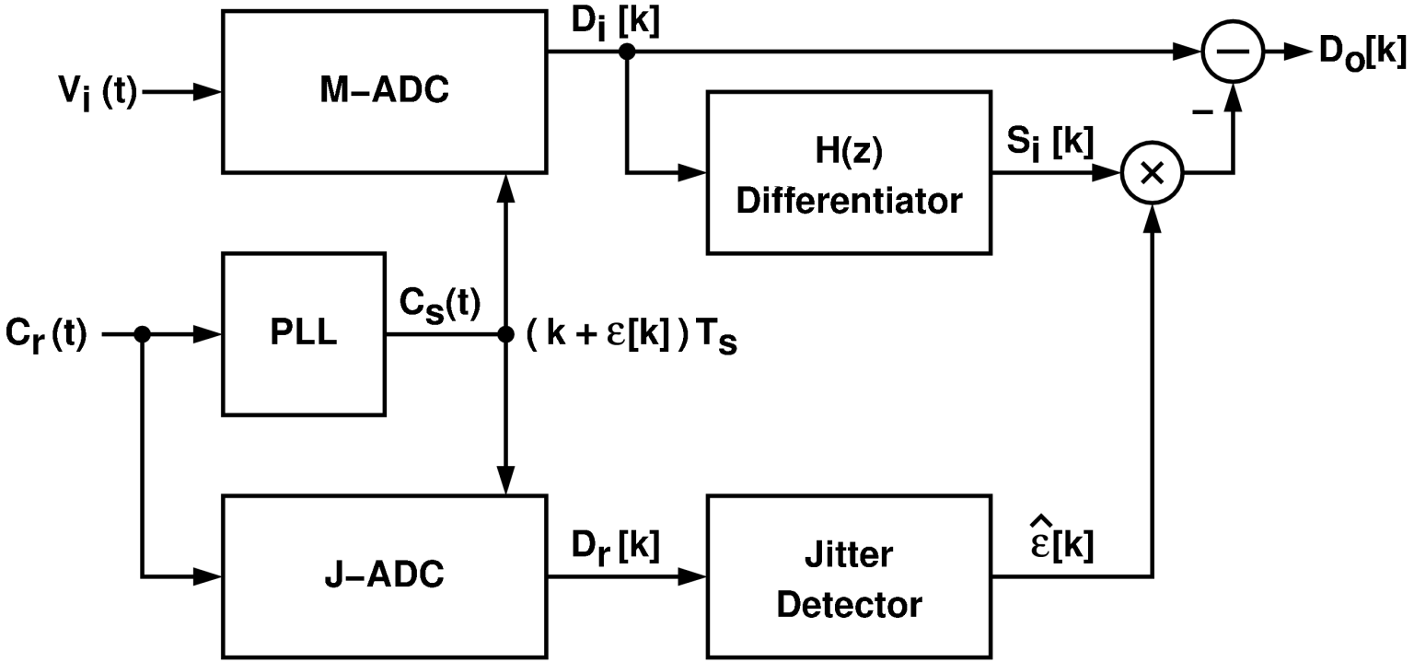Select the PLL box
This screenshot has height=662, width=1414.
[304, 334]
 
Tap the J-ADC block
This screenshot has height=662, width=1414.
[385, 576]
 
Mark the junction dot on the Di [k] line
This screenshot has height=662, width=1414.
[628, 52]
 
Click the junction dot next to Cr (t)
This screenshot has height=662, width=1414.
[142, 335]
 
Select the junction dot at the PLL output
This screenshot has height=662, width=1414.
[505, 335]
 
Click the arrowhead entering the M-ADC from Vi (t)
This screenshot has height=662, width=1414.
[211, 92]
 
